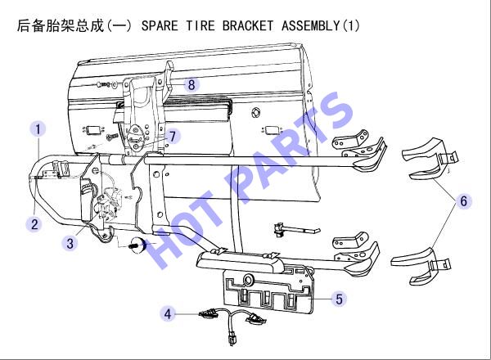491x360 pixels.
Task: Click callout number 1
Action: pos(38,129)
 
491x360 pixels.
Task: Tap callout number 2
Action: pos(34,224)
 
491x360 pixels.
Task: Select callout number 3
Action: pos(70,243)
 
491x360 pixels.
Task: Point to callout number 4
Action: pos(168,313)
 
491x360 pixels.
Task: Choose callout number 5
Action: pos(339,299)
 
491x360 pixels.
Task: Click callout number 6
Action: pos(464,200)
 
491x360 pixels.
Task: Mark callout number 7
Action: pos(173,136)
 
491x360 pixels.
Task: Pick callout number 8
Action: pos(191,84)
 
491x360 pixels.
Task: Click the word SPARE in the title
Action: pos(160,25)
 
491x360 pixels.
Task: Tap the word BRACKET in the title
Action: pos(248,25)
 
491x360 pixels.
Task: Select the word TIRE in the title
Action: pos(200,25)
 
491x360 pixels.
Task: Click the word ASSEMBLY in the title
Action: pos(310,25)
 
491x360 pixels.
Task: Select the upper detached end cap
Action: pos(430,160)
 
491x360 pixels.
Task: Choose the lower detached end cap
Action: pos(421,265)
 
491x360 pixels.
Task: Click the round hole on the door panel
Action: pos(256,112)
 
